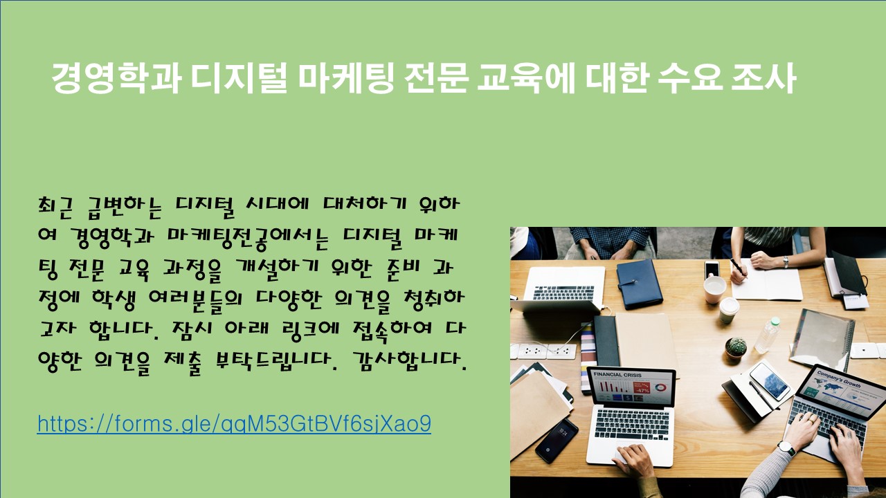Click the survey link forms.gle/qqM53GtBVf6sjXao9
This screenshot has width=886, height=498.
[x=234, y=423]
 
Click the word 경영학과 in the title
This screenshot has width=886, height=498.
[x=117, y=78]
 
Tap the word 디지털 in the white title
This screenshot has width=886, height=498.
[x=239, y=78]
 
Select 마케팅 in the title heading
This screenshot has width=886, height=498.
[x=346, y=78]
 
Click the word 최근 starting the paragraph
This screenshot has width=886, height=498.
[x=56, y=206]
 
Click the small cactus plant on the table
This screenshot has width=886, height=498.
[x=736, y=348]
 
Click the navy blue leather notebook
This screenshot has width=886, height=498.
[x=639, y=284]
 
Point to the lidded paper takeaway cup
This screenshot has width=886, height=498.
[x=729, y=311]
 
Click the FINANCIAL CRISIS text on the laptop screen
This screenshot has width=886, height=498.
[x=617, y=374]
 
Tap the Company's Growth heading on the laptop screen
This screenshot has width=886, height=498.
[x=838, y=380]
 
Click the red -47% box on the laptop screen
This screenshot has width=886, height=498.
[x=642, y=388]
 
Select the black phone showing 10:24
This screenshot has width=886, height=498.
[x=557, y=441]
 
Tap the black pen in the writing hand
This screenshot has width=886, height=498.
[x=739, y=267]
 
